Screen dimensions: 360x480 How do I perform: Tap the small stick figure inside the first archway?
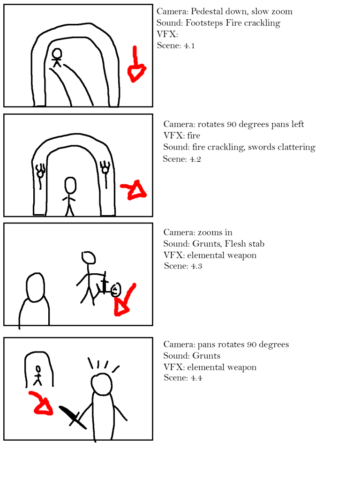coord(57,58)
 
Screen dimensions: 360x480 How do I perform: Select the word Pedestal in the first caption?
coord(206,12)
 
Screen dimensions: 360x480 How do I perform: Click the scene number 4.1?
coord(189,46)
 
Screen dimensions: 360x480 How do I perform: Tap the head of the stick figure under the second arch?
coord(70,185)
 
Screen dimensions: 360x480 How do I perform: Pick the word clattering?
coord(296,147)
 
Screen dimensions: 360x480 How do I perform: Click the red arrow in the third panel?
coord(124,301)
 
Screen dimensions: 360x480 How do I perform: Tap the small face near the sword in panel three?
coord(116,290)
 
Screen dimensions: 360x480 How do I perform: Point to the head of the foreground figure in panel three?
coord(35,287)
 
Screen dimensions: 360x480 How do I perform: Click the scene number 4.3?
coord(196,266)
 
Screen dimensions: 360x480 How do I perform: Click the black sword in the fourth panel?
coord(73,417)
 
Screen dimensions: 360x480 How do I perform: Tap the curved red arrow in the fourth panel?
coord(41,404)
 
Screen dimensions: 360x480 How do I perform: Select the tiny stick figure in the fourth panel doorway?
coord(37,375)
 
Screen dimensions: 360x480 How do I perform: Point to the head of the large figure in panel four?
coord(102,384)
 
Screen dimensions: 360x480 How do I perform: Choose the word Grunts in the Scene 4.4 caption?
coord(206,356)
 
